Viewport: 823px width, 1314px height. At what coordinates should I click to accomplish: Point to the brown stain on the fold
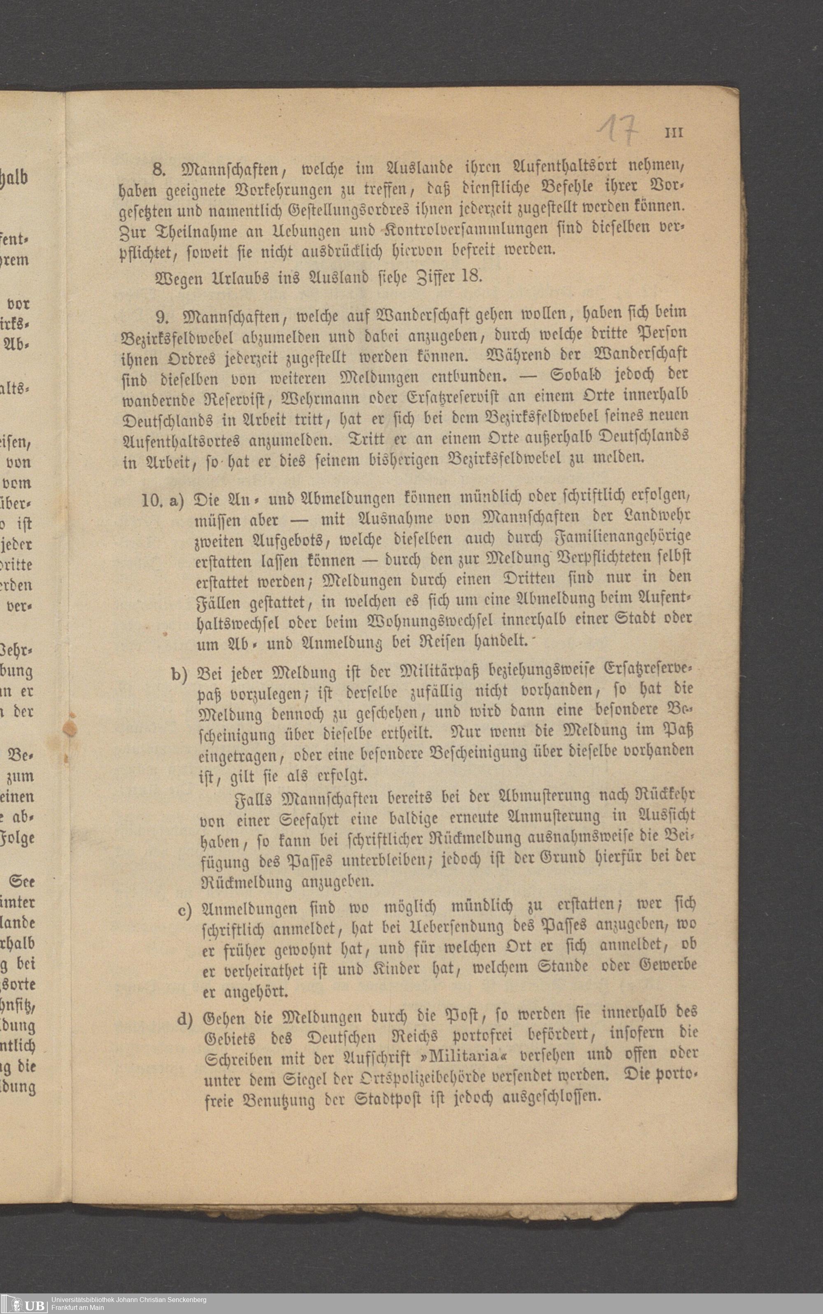tap(70, 729)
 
